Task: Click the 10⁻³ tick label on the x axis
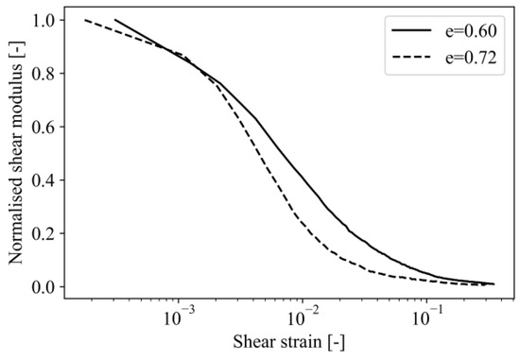tap(178, 316)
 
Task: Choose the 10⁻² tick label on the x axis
tap(303, 316)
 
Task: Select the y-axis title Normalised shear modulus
tap(16, 154)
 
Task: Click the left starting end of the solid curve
tap(114, 20)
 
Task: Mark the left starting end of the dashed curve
tap(85, 20)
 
